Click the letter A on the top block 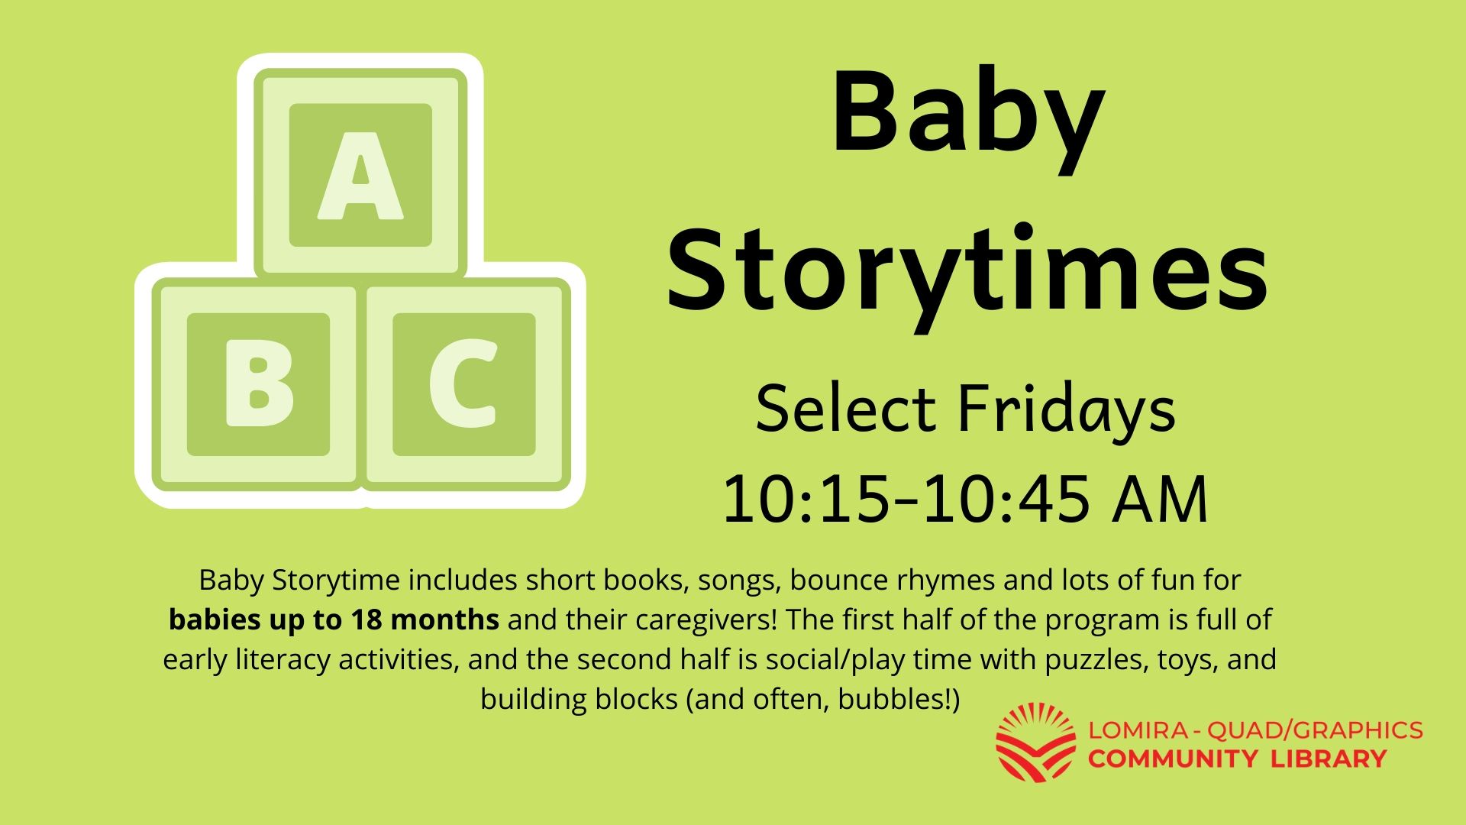360,176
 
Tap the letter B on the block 259,385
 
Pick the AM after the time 1161,500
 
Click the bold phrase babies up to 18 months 334,620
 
